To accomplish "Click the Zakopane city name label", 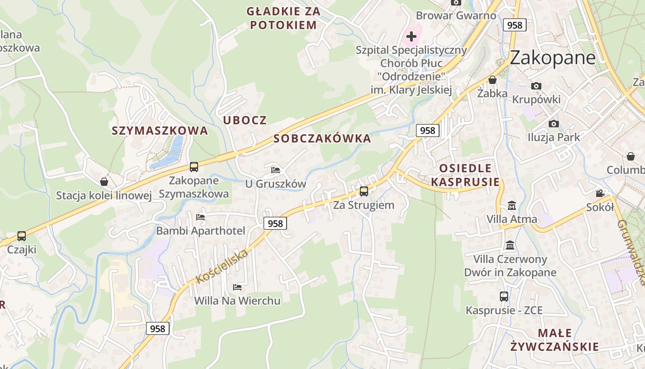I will point(552,57).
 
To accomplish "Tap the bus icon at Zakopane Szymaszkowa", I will point(194,167).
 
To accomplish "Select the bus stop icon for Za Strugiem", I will point(364,191).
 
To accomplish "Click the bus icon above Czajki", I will point(22,236).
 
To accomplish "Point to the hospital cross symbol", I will point(411,36).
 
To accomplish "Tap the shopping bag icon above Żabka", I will point(493,80).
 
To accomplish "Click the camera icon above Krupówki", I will point(536,86).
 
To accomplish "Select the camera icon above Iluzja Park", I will point(554,124).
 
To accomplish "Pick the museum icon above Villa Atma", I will point(512,205).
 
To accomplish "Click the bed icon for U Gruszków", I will point(276,170).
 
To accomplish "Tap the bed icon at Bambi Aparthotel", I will point(200,217).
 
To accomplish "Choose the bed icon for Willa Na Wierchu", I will point(237,287).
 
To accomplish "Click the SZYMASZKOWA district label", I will point(160,131).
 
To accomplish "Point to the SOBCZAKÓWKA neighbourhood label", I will point(322,138).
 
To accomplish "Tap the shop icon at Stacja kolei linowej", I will point(104,182).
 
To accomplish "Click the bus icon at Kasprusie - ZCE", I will point(504,297).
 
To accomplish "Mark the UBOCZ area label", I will point(245,120).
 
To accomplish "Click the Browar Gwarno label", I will point(456,16).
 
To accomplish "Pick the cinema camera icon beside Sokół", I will point(600,194).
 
